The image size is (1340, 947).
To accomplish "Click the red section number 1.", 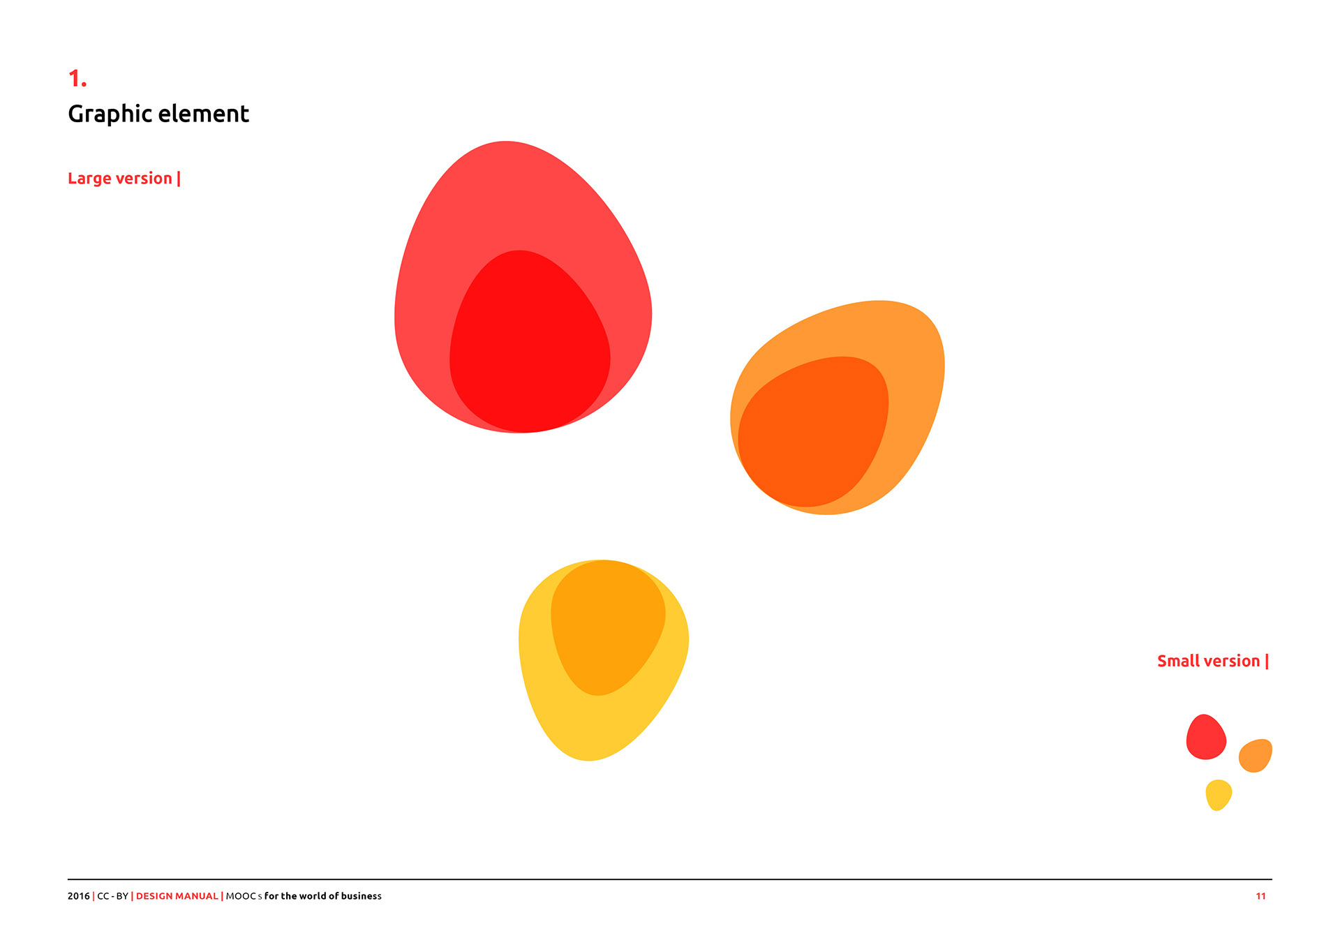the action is coord(77,78).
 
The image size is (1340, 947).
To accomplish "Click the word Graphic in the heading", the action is coord(110,114).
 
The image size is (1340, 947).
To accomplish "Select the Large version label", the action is coord(124,179).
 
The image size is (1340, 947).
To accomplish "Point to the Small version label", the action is coord(1213,661).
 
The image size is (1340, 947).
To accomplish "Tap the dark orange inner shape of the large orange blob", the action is coord(813,431).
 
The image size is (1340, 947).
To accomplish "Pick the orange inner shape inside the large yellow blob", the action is coord(608,627).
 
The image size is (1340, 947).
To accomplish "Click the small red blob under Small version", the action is coord(1206,737).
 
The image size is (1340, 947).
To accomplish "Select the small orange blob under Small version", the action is coord(1256,756).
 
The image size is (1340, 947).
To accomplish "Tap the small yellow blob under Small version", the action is coord(1219,795).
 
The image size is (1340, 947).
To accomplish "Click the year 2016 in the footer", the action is coord(79,896).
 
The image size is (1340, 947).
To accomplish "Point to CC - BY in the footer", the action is coord(112,896).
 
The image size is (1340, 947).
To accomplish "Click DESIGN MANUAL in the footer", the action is coord(177,896).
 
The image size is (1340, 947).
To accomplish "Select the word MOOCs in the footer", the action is coord(244,896).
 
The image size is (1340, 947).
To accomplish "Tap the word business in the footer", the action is coord(362,896).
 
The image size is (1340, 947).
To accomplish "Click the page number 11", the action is coord(1260,896).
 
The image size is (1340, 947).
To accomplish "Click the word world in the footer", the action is coord(313,896).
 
